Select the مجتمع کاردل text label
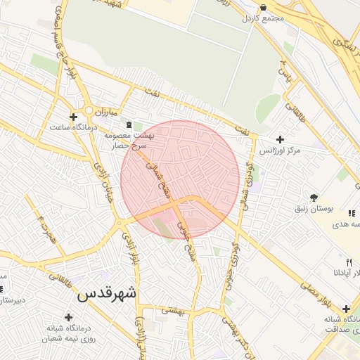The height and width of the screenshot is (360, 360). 264,18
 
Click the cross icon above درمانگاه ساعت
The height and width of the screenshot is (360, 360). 73,116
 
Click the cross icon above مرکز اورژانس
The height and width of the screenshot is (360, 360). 281,139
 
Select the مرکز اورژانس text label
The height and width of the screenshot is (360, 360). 280,150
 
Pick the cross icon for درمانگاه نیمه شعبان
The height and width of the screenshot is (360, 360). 68,316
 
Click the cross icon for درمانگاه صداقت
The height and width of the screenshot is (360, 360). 346,309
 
